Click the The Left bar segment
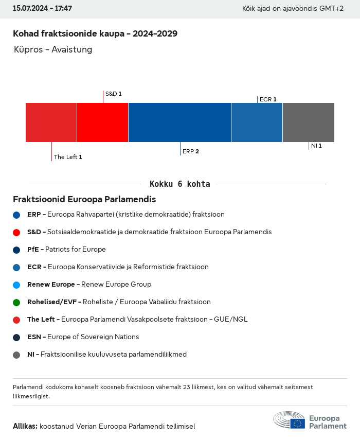point(51,122)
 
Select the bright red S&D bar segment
point(102,122)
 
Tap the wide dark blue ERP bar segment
point(179,122)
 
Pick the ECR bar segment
point(257,122)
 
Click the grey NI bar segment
point(308,122)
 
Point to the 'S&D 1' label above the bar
point(113,94)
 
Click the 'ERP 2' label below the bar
point(190,151)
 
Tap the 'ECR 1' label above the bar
point(268,99)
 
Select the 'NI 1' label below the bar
point(316,146)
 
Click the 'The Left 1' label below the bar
point(68,157)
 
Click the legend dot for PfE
point(16,250)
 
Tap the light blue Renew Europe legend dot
point(16,285)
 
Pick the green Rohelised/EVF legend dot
point(16,302)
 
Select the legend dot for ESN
point(16,337)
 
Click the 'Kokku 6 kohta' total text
point(179,184)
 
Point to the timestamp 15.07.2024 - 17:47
point(42,9)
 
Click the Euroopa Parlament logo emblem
point(289,420)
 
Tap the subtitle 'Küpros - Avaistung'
point(53,50)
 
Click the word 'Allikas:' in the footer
point(25,426)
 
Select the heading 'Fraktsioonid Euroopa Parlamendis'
point(84,199)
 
